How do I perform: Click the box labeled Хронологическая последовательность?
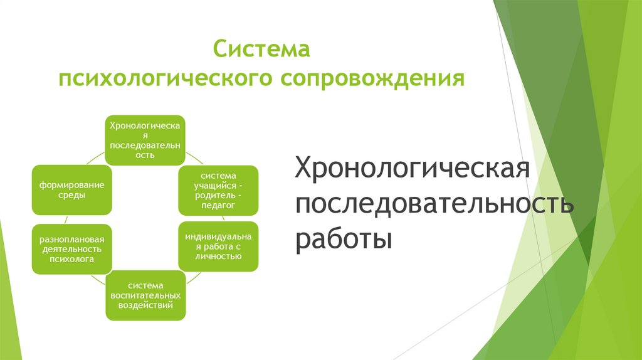coord(145,140)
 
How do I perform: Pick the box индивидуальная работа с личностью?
coord(218,246)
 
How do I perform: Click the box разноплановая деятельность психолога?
coord(71,249)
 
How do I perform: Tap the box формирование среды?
coord(71,190)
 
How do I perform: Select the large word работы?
coord(344,239)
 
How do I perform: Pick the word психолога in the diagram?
coord(71,259)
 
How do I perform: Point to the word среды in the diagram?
coord(71,196)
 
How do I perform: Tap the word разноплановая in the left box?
coord(71,239)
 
